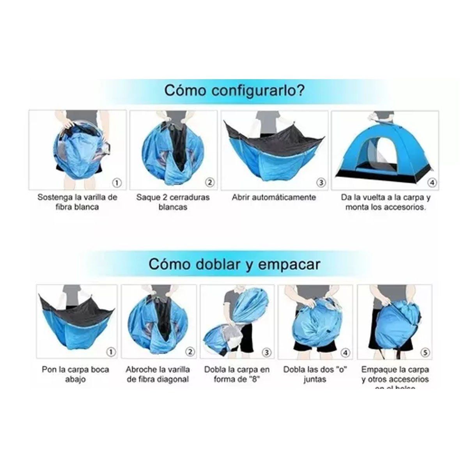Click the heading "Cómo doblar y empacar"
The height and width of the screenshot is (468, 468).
[x=234, y=264]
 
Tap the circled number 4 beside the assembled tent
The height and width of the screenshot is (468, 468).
[x=432, y=182]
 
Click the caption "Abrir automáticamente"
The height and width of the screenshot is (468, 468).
[x=273, y=197]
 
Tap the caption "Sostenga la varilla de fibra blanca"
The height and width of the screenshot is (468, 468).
[x=77, y=202]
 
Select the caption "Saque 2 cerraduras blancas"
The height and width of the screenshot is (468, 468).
[x=173, y=202]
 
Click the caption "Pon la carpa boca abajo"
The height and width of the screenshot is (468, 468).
[x=75, y=374]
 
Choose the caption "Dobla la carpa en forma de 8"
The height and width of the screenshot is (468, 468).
[x=237, y=374]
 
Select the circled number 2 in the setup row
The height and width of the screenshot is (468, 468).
[x=210, y=182]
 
